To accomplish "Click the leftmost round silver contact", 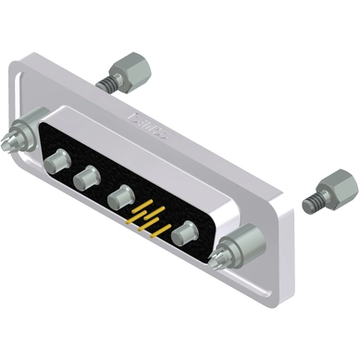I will (x=55, y=163).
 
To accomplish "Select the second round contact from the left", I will (x=89, y=176).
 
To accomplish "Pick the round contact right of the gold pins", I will (x=189, y=231).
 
